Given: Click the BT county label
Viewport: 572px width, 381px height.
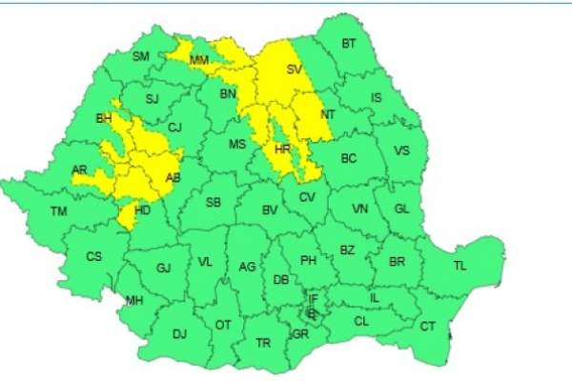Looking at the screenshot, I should click(x=348, y=44).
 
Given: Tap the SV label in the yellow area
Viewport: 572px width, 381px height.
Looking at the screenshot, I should click(x=294, y=70).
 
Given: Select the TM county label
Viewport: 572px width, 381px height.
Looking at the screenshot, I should click(x=59, y=211).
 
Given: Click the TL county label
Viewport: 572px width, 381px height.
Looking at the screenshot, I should click(x=460, y=266).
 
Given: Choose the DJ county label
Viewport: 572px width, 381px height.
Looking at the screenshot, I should click(x=178, y=333).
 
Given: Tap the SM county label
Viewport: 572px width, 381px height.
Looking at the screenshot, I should click(x=140, y=57).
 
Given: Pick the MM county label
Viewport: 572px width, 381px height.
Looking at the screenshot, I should click(x=199, y=62).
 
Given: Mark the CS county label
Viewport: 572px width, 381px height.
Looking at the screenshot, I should click(x=93, y=256).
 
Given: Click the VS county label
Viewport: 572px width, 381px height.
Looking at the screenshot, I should click(x=402, y=150).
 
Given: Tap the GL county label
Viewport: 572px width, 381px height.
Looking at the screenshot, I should click(x=401, y=209).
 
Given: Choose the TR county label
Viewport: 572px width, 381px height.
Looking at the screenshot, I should click(x=264, y=342).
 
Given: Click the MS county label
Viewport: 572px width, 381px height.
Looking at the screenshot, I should click(x=237, y=144).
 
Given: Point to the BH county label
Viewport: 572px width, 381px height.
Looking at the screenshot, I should click(x=104, y=119).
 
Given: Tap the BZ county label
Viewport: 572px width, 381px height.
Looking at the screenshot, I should click(x=347, y=251).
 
